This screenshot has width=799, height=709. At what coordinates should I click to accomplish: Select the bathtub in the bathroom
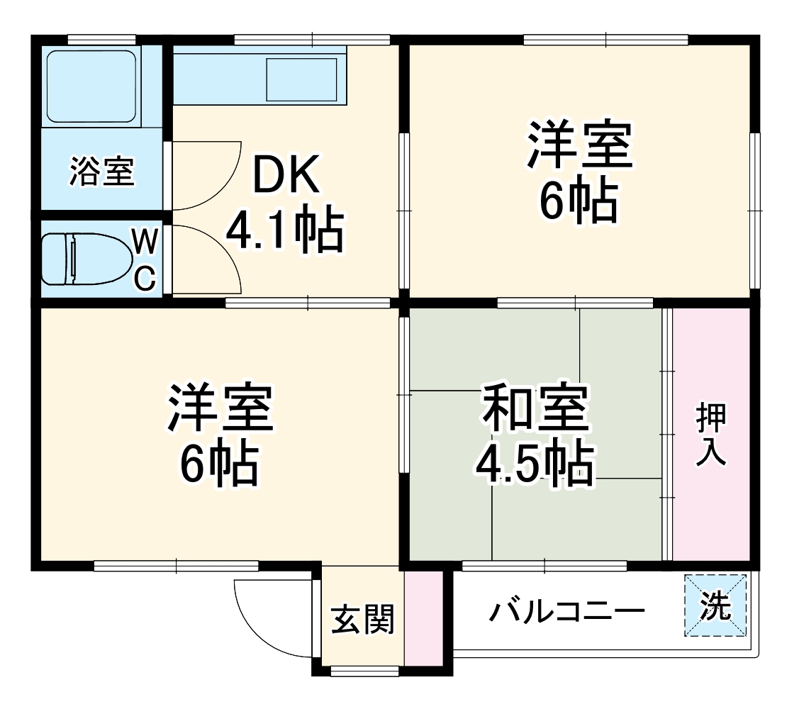click(91, 86)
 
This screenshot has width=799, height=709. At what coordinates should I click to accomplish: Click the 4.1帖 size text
click(285, 230)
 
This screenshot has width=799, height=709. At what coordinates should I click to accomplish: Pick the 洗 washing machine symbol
click(716, 605)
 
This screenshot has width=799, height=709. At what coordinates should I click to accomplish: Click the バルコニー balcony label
click(567, 610)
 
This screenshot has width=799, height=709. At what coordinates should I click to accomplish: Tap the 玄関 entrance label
click(363, 620)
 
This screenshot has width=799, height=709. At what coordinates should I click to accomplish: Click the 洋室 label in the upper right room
click(579, 146)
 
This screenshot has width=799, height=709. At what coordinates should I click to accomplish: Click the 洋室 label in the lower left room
click(220, 409)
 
